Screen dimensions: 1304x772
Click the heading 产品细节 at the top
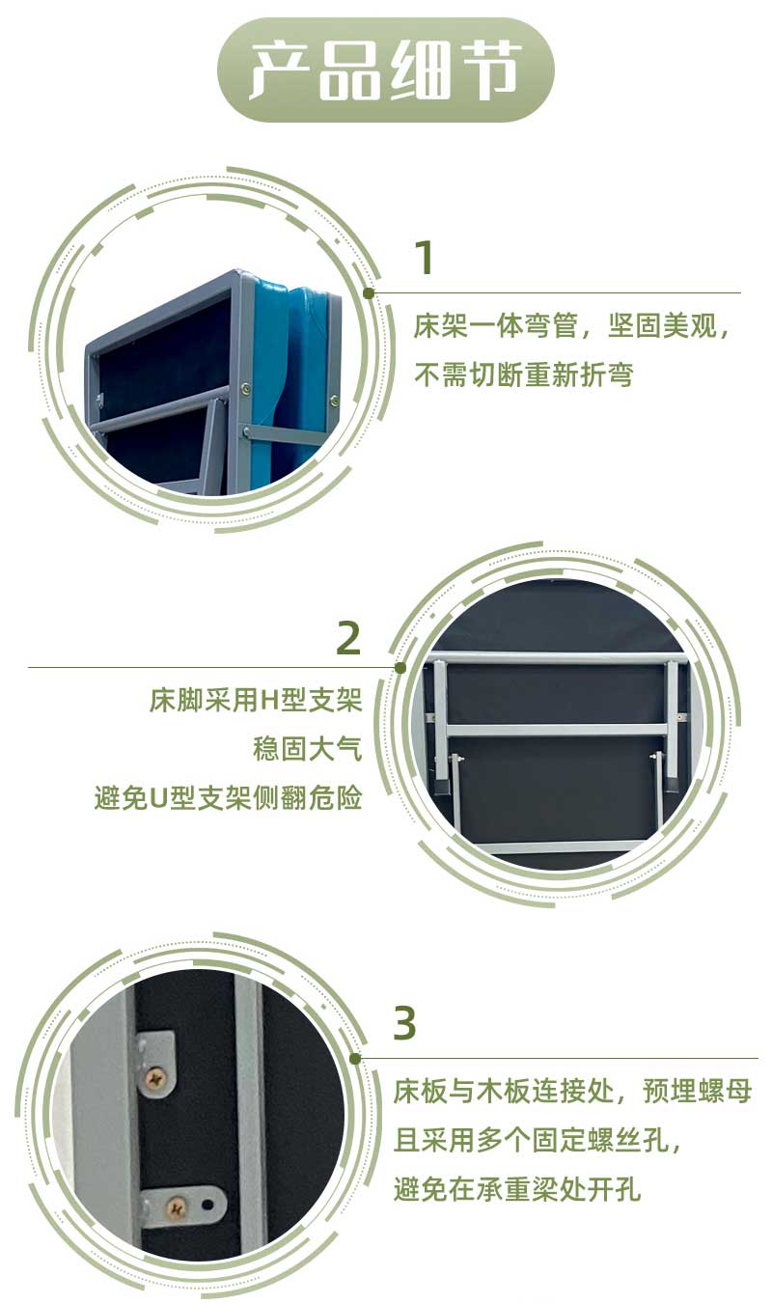pos(386,70)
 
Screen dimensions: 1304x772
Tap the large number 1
pos(425,258)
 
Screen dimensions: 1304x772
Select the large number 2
pos(347,638)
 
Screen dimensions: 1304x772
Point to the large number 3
pos(405,1023)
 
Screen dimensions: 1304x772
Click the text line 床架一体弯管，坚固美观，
pos(573,325)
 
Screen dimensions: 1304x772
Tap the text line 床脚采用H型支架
pos(256,700)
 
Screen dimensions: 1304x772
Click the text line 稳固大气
pos(307,749)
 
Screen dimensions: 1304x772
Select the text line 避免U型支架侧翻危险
pos(229,798)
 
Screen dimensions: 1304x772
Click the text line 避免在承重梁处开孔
pos(517,1190)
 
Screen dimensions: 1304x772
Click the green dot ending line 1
pos(369,292)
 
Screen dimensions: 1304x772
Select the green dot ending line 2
pos(400,667)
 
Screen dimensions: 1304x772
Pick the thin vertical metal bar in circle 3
pos(249,1110)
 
